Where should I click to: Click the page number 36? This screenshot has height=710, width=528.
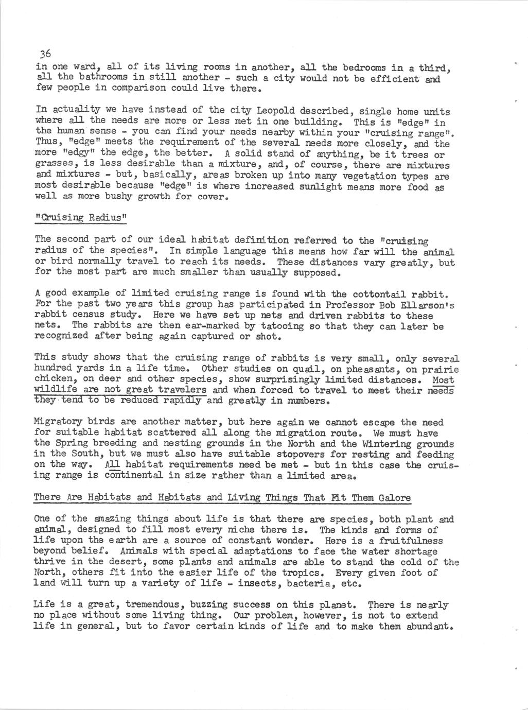click(45, 54)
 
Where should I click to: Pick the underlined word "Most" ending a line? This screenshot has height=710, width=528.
click(443, 380)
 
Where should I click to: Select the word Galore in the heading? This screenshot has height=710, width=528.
click(394, 497)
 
